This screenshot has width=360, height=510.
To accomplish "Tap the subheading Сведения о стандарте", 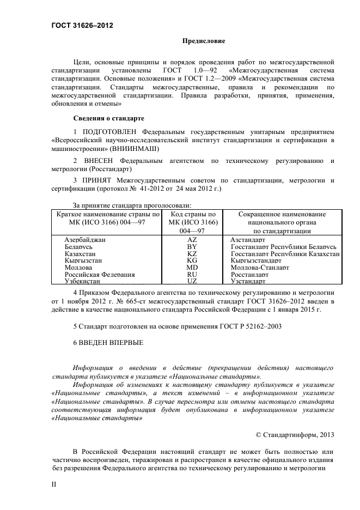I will [x=108, y=118].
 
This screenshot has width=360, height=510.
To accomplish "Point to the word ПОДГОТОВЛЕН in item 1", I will [x=110, y=132].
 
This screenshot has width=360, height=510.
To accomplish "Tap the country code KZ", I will [x=192, y=254].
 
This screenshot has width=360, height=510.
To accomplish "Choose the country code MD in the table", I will [x=192, y=268].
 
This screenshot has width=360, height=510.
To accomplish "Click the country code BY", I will [x=192, y=247].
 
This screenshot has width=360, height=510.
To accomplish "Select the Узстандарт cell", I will [x=248, y=281].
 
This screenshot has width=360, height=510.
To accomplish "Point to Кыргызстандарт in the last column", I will [x=255, y=261].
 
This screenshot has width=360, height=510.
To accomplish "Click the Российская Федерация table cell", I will [x=100, y=275].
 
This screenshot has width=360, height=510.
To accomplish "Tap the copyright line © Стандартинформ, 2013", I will [x=295, y=434].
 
